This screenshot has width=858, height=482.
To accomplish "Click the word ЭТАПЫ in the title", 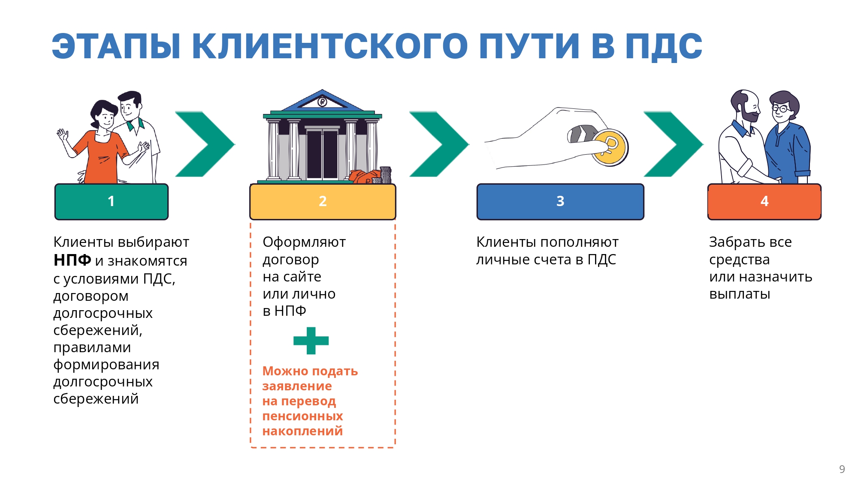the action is (x=116, y=46).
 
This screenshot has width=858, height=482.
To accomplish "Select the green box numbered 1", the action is (x=112, y=201).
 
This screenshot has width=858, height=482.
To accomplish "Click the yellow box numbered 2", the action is (x=323, y=201).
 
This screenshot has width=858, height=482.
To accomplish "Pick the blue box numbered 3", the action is (x=560, y=201).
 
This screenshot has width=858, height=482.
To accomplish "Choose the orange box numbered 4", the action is (x=764, y=201).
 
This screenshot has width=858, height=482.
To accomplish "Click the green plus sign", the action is (x=311, y=341).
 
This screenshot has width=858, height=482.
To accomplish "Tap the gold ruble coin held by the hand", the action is (x=610, y=147).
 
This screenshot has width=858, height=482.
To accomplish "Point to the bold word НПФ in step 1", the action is (x=72, y=260).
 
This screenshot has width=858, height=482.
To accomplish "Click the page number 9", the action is (x=842, y=469).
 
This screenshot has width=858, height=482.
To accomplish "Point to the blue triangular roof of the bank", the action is (x=323, y=100).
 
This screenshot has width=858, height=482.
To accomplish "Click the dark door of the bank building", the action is (x=322, y=154).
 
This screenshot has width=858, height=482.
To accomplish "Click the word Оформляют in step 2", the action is (x=304, y=242).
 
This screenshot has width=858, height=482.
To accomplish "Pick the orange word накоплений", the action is (x=302, y=431).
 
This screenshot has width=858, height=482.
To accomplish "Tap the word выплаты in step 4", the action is (x=740, y=294).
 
